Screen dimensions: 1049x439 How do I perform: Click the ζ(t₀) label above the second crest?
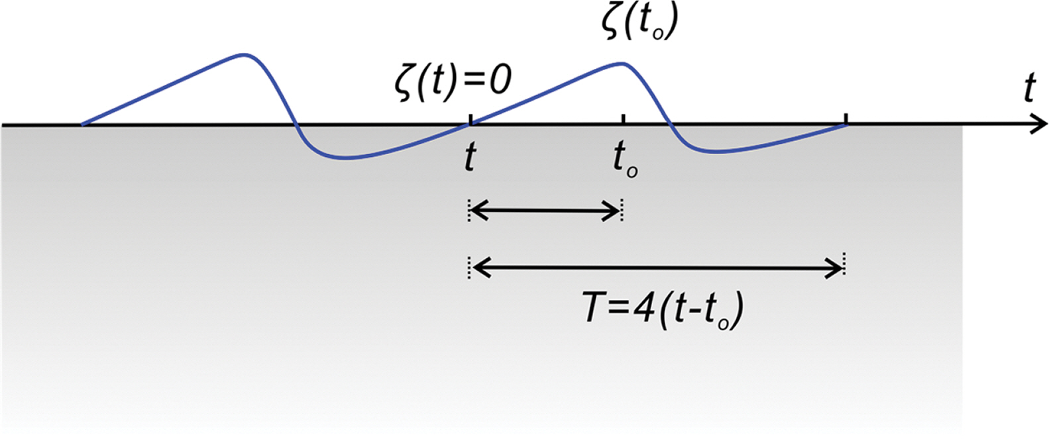pyautogui.click(x=639, y=23)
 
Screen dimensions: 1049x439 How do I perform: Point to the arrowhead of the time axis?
pyautogui.click(x=1038, y=125)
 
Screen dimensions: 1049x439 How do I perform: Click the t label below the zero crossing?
pyautogui.click(x=470, y=157)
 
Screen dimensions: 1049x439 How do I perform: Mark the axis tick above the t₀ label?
pyautogui.click(x=623, y=119)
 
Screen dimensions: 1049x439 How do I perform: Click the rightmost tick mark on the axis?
pyautogui.click(x=846, y=119)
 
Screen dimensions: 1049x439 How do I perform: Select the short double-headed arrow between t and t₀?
pyautogui.click(x=545, y=211)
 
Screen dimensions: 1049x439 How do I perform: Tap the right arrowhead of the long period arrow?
pyautogui.click(x=835, y=268)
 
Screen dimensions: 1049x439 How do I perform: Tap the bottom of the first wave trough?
pyautogui.click(x=344, y=158)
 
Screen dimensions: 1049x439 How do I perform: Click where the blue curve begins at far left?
pyautogui.click(x=82, y=124)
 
